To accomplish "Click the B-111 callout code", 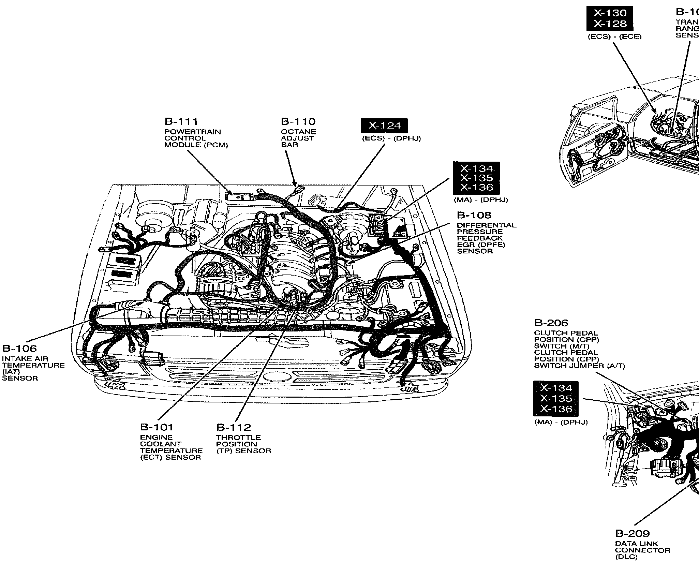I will (x=181, y=122).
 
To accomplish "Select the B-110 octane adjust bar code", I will (x=298, y=122).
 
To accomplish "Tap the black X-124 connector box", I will (x=385, y=126).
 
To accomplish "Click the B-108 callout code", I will (x=474, y=215).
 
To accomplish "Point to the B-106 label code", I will (x=19, y=349).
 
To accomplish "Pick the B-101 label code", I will (x=157, y=427).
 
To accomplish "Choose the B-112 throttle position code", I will (x=233, y=427).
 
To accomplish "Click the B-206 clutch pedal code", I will (x=551, y=323).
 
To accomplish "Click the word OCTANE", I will (x=298, y=132).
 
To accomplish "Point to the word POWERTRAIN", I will (x=193, y=132).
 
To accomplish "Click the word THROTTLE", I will (x=238, y=437).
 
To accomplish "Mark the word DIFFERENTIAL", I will (x=487, y=225).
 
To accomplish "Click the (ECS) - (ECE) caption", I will (x=614, y=37).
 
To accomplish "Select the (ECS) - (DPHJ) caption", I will (x=391, y=138).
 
